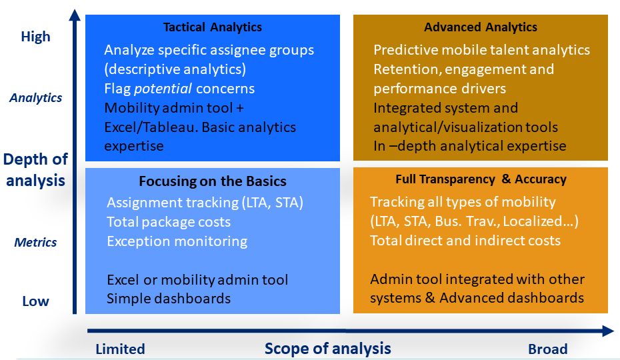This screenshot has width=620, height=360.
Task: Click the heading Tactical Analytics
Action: coord(213,27)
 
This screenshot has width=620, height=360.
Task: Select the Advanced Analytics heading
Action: coord(480,27)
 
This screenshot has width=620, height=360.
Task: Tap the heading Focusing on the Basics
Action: coord(213,181)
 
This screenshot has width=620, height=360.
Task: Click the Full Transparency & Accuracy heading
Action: coord(480,179)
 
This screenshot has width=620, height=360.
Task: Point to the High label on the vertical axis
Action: coord(35,37)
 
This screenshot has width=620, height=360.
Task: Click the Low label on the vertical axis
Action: coord(35,301)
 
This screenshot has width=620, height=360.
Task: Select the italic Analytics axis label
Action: coord(36,98)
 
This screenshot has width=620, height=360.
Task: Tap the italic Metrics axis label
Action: coord(35,243)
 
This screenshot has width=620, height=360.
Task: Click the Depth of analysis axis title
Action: coord(35,169)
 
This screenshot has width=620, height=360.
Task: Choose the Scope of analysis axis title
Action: coord(327,348)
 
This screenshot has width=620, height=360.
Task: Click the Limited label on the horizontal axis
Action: coord(120,349)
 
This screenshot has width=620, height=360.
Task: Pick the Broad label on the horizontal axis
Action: coord(547,349)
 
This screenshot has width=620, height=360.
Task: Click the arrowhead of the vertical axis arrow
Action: coord(75,14)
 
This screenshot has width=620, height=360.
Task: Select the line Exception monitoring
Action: coord(177,241)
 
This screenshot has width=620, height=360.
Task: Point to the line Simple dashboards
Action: coord(169,299)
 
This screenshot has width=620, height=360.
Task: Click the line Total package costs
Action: coord(169,222)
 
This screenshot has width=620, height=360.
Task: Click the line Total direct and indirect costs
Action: coord(465,241)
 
